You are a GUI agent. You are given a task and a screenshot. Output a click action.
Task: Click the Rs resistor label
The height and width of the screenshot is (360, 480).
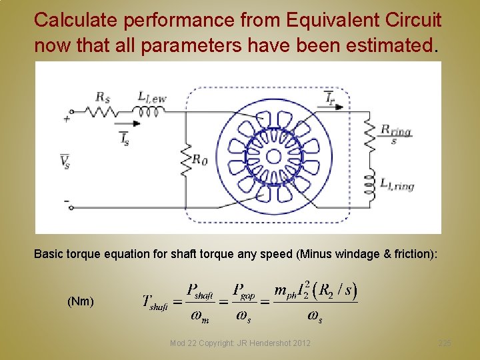(103, 97)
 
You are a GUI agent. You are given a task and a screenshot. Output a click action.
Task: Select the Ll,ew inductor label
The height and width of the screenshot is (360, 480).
(151, 97)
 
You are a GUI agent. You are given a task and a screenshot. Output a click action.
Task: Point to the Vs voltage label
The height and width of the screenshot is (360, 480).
(65, 161)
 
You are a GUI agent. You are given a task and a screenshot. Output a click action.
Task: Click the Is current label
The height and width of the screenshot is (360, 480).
(124, 138)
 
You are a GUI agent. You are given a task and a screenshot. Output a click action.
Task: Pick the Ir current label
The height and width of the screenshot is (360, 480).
(331, 99)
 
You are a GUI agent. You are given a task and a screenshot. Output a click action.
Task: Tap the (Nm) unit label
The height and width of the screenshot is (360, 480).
(80, 301)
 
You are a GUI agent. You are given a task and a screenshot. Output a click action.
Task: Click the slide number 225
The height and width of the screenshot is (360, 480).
(445, 343)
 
